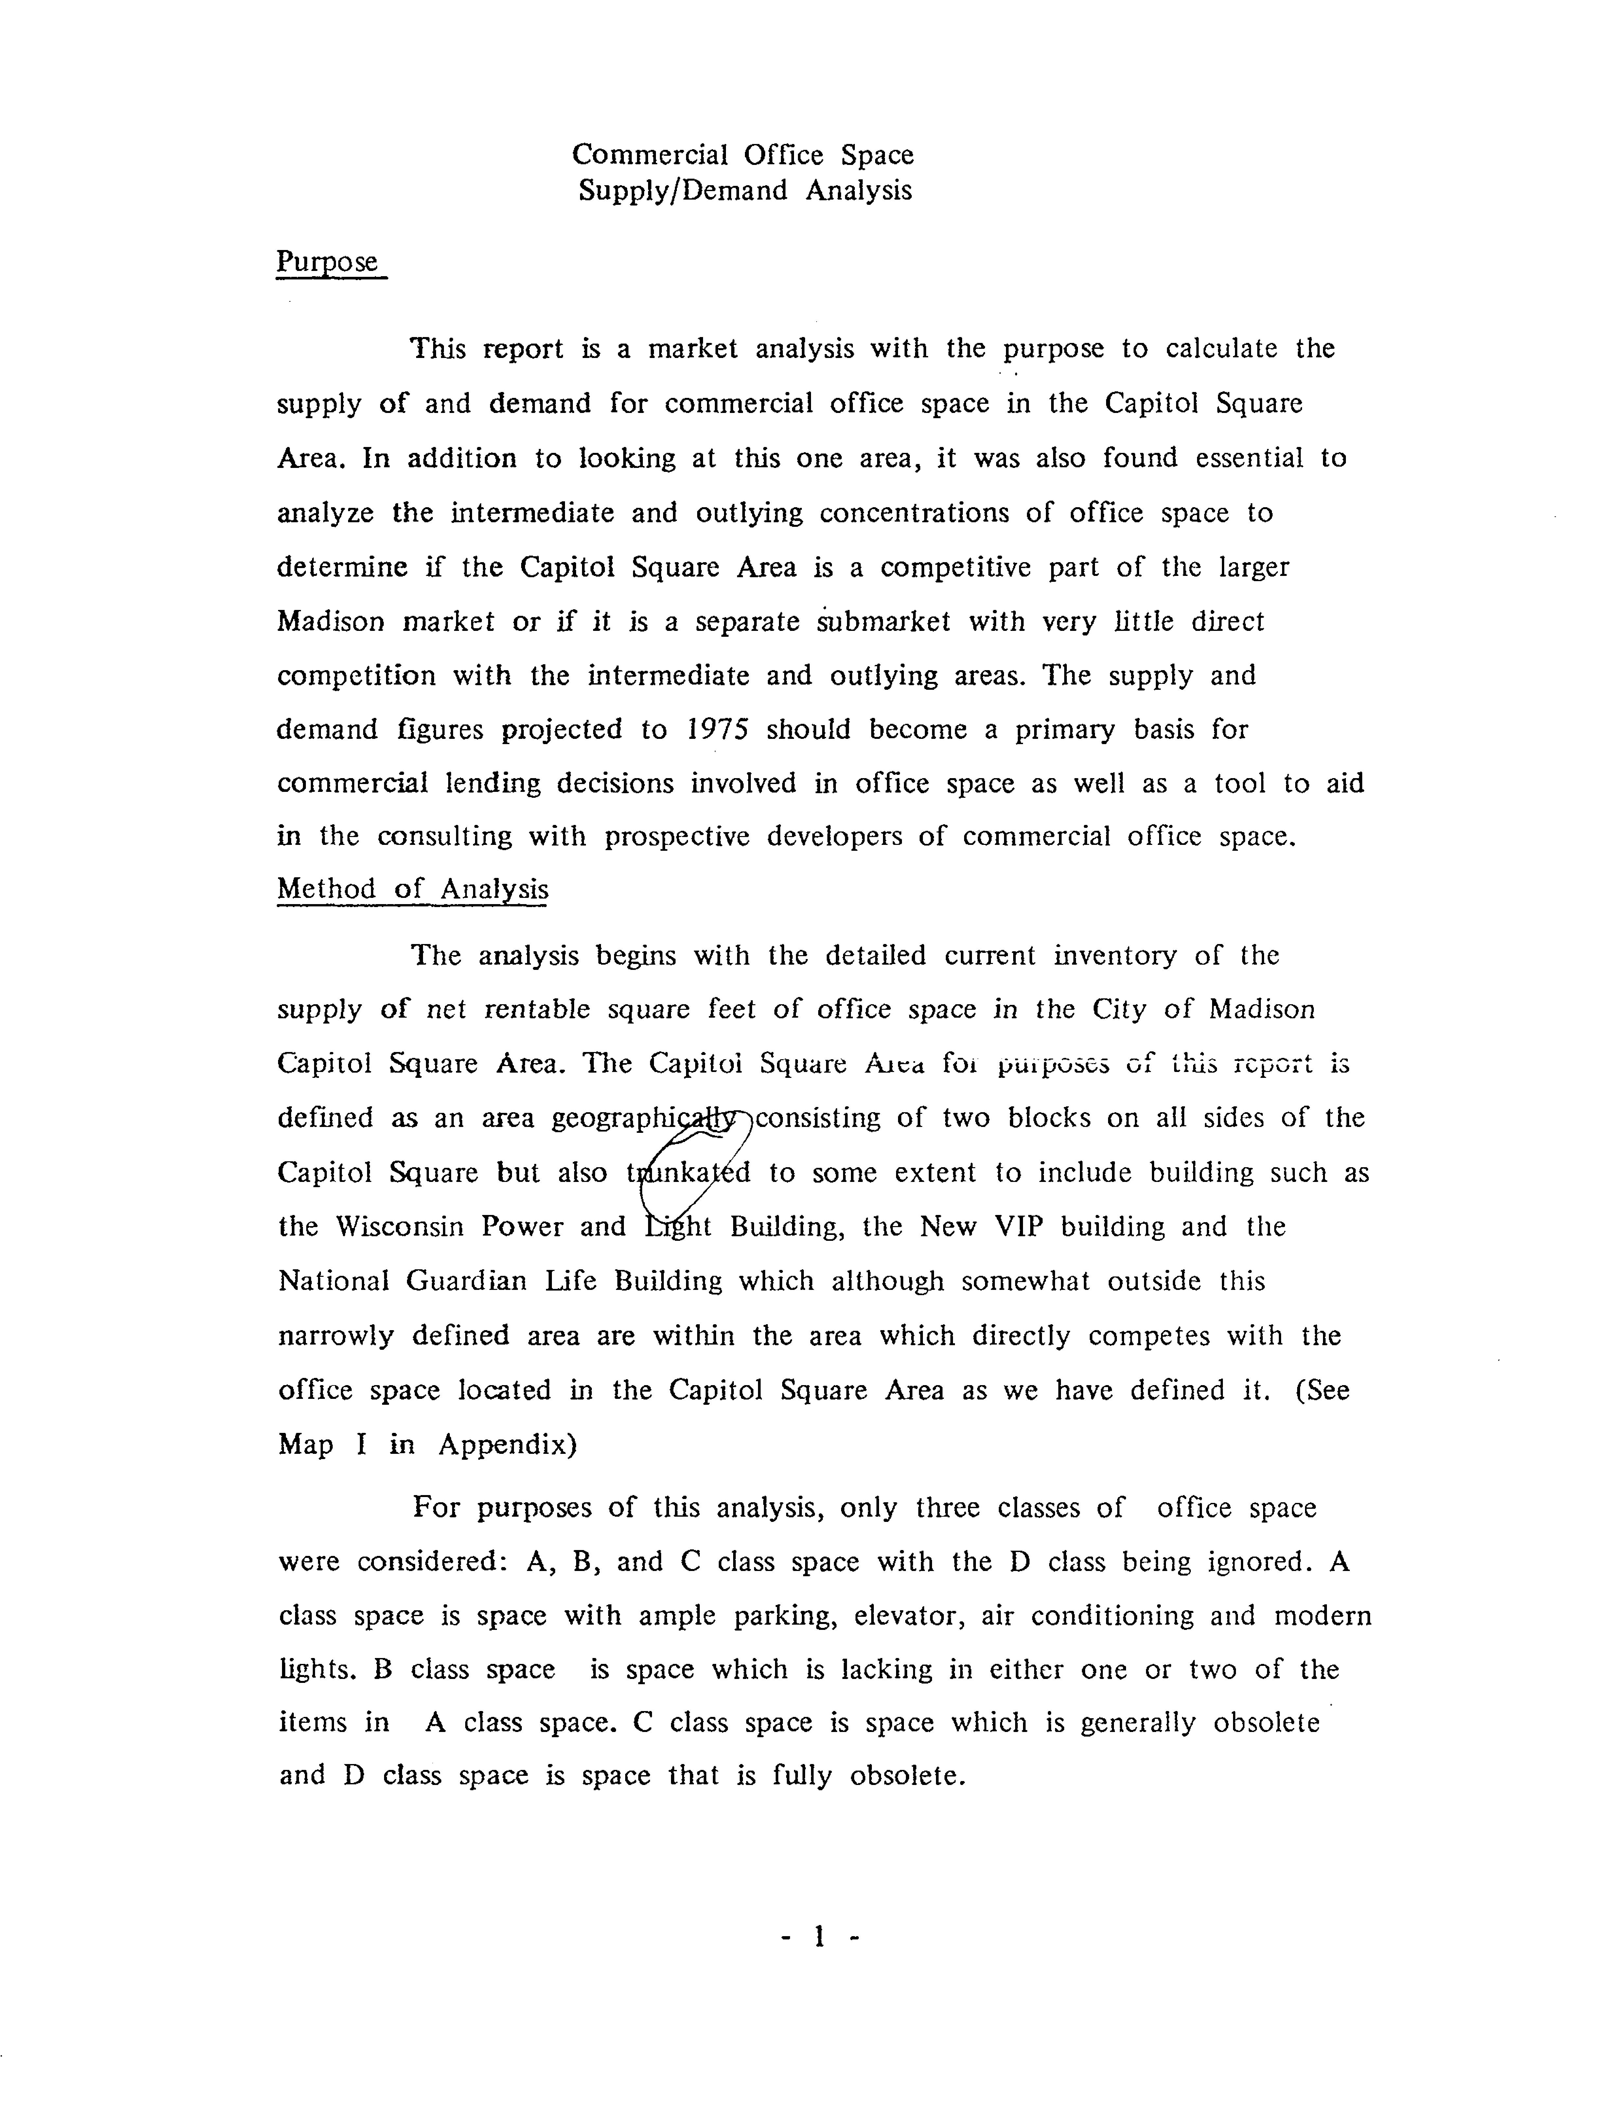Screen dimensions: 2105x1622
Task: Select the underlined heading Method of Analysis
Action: click(413, 889)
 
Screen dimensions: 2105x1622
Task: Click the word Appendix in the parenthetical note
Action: click(508, 1445)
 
